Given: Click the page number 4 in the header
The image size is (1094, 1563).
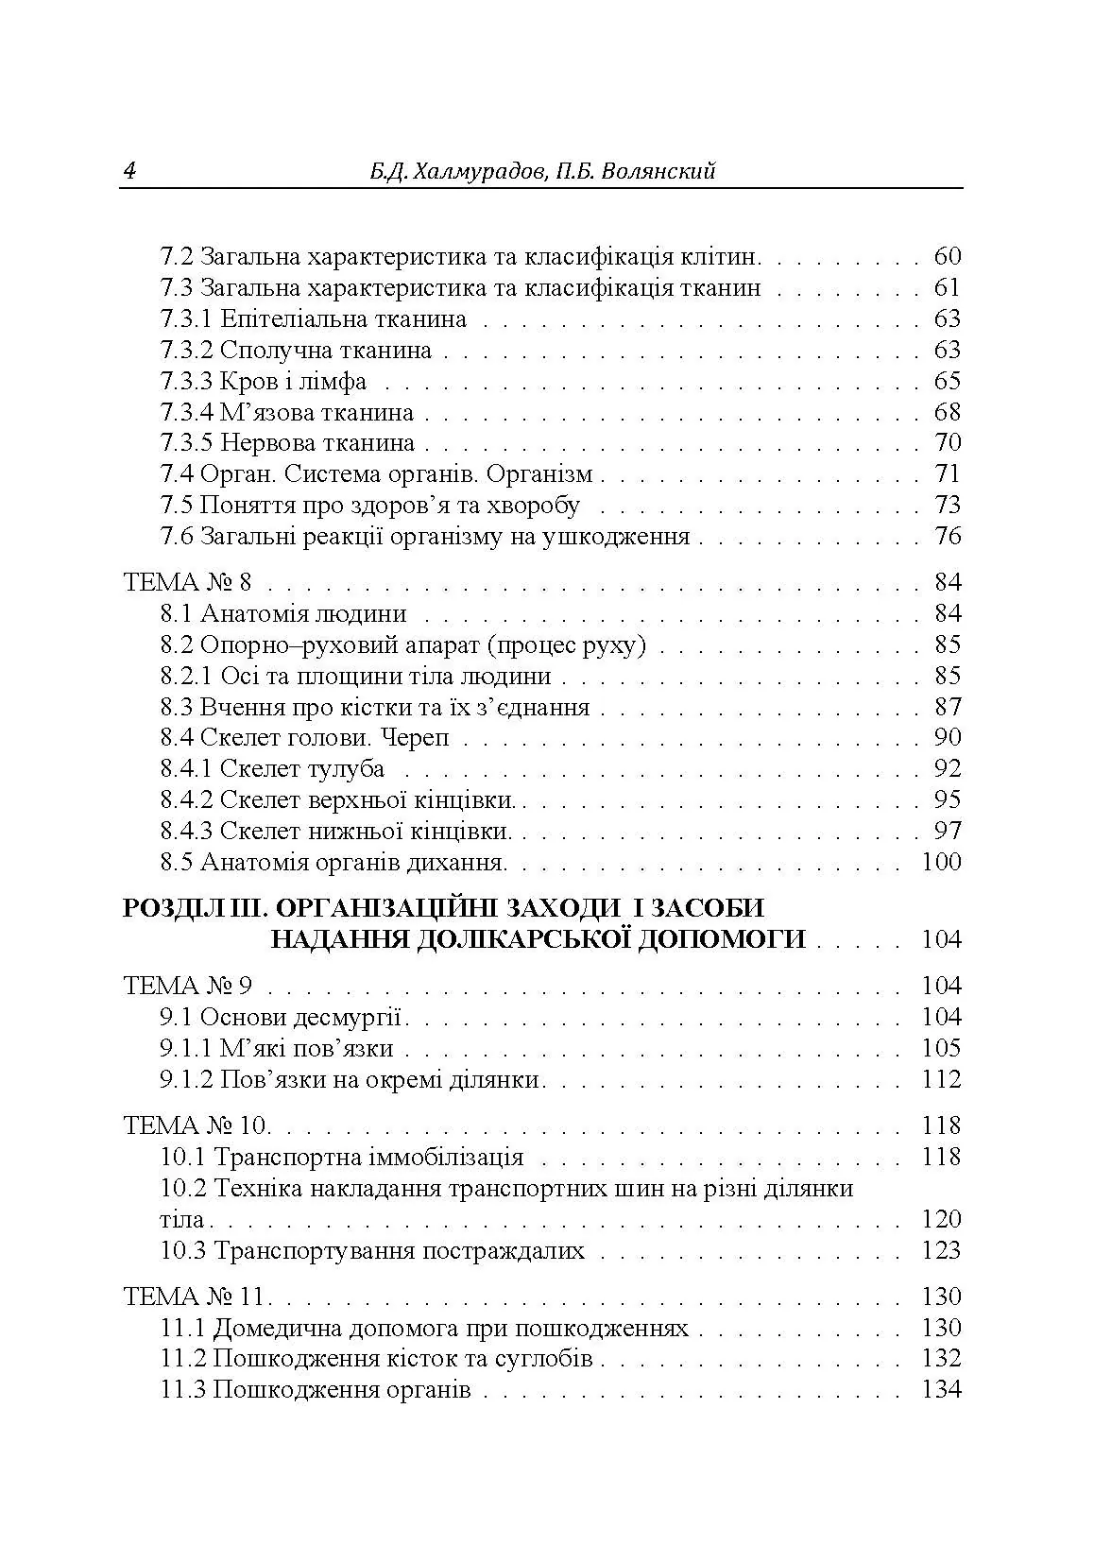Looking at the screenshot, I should [x=129, y=171].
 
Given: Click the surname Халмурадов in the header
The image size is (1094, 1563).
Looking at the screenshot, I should [x=458, y=171].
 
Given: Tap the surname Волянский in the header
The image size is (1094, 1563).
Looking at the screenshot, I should [x=659, y=171].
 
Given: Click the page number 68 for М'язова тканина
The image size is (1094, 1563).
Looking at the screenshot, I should [x=947, y=412].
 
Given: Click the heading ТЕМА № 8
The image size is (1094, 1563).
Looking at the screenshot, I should [x=188, y=582].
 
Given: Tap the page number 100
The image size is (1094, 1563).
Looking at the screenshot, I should [x=940, y=862].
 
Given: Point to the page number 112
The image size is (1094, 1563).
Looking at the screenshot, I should [x=941, y=1079].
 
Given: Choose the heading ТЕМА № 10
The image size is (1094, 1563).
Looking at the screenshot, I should [x=197, y=1125].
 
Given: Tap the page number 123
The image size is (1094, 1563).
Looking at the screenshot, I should [x=941, y=1250].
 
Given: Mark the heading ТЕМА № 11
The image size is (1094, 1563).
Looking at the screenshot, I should [x=197, y=1297].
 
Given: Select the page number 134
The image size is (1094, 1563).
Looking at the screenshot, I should [x=941, y=1389].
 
